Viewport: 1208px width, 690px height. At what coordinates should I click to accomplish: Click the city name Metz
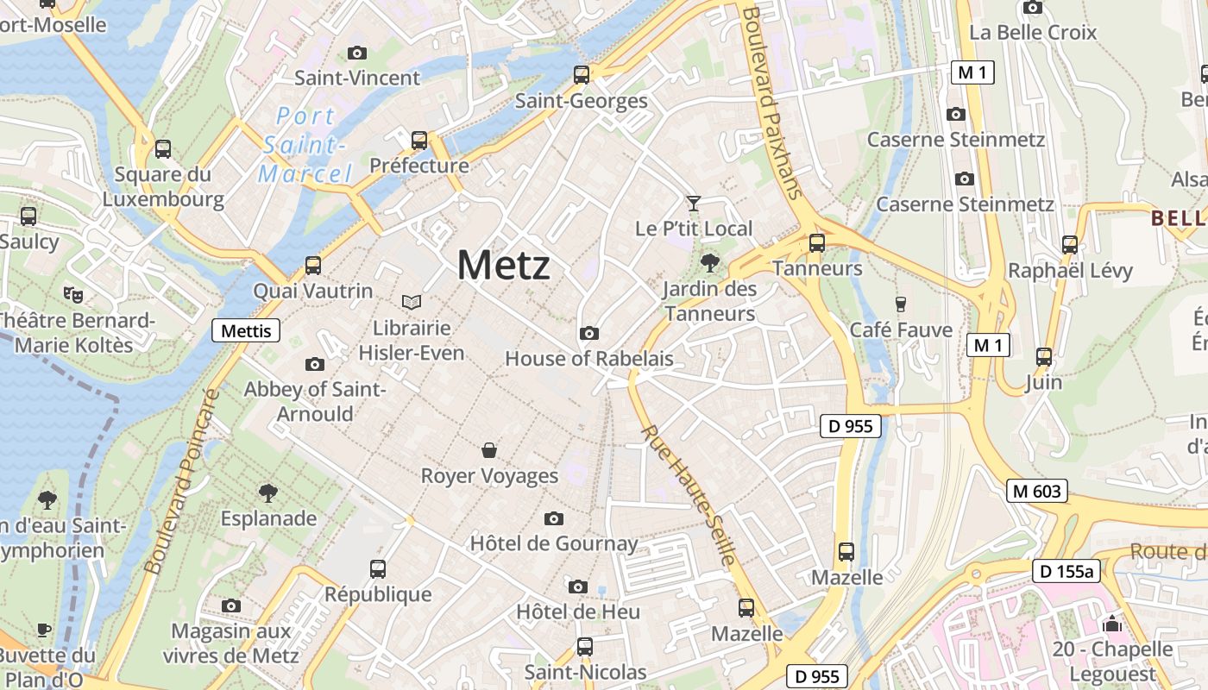tap(503, 264)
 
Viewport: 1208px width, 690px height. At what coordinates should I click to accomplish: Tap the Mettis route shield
tap(246, 330)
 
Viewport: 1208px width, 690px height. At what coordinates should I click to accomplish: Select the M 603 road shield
tap(1037, 492)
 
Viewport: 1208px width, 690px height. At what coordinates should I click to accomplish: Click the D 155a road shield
tap(1066, 571)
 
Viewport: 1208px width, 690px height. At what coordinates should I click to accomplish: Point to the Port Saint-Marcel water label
tap(305, 145)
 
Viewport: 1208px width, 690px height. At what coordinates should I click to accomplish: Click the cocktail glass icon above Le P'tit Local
tap(693, 204)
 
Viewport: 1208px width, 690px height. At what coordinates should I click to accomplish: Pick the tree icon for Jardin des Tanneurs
tap(710, 262)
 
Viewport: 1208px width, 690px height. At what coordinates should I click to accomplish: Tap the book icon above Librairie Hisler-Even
tap(412, 302)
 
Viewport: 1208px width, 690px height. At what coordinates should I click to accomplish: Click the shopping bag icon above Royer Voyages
tap(489, 449)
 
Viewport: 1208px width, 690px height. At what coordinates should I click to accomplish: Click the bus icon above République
tap(378, 568)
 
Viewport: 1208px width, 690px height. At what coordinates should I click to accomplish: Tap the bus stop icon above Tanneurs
tap(816, 243)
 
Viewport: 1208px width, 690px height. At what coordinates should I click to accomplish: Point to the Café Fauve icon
tap(901, 304)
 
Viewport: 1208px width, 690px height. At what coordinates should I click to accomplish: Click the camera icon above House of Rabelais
tap(588, 333)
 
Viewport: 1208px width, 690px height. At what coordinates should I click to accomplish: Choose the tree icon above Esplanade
tap(268, 493)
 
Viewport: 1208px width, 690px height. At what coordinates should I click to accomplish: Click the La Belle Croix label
tap(1033, 33)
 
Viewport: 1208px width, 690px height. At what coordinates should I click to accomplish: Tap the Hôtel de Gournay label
tap(554, 543)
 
